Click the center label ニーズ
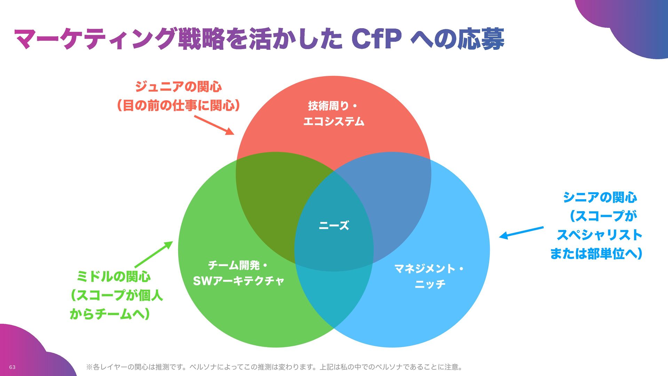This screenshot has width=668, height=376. point(334,226)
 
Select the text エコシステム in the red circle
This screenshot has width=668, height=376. point(334,122)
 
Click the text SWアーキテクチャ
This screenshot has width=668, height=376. point(238,281)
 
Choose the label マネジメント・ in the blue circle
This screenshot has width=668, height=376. point(429,268)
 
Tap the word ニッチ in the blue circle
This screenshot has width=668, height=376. point(430,284)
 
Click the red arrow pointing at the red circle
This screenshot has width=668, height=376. point(214,125)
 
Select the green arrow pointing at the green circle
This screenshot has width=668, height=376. point(153,254)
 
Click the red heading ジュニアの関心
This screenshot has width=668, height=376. point(178,86)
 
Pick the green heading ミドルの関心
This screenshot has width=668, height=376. point(114,277)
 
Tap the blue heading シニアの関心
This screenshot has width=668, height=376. point(600,197)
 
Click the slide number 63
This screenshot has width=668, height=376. point(12,367)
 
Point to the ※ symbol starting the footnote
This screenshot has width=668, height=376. point(89,367)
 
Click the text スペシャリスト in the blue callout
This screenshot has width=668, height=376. point(599,235)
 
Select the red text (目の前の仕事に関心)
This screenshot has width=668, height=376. point(178,105)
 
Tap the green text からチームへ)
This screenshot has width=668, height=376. point(110,314)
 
